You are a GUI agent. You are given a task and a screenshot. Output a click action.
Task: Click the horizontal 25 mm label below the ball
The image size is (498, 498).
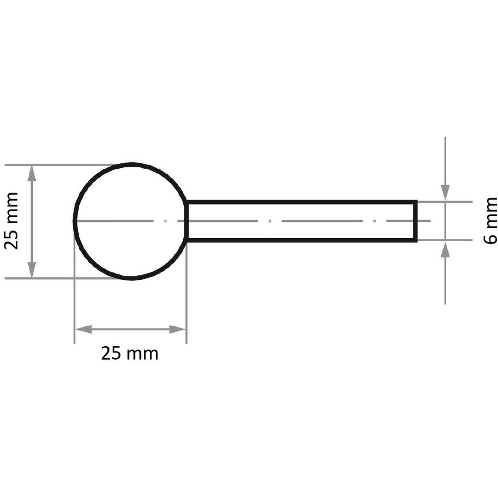[x=130, y=354]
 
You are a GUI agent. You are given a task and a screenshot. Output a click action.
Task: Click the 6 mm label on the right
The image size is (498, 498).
[x=490, y=221]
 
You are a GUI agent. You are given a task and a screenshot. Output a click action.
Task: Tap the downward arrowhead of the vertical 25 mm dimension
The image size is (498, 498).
[x=32, y=269]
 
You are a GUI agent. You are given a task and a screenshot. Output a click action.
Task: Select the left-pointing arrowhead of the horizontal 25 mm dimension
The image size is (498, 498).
[x=83, y=329]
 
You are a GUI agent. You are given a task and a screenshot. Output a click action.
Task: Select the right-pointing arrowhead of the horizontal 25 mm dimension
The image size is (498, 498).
[x=177, y=329]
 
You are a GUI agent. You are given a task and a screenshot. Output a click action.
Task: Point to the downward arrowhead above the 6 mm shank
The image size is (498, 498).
[x=445, y=192]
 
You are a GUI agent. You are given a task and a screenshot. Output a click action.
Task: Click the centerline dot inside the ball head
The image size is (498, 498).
[x=166, y=221]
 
